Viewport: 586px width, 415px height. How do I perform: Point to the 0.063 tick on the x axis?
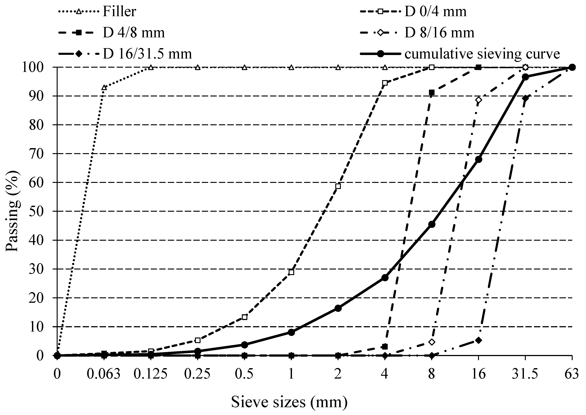pyautogui.click(x=104, y=374)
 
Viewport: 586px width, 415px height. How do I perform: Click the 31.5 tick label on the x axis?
pyautogui.click(x=525, y=374)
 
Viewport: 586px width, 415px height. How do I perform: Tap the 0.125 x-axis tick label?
pyautogui.click(x=151, y=374)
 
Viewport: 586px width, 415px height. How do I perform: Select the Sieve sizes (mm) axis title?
pyautogui.click(x=289, y=402)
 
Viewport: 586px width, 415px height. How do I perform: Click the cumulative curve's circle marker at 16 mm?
pyautogui.click(x=478, y=159)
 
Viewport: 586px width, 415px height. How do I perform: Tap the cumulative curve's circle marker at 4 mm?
pyautogui.click(x=385, y=278)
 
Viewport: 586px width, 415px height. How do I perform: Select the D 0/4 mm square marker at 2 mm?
pyautogui.click(x=338, y=186)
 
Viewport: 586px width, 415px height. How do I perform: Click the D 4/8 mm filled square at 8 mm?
pyautogui.click(x=432, y=92)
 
